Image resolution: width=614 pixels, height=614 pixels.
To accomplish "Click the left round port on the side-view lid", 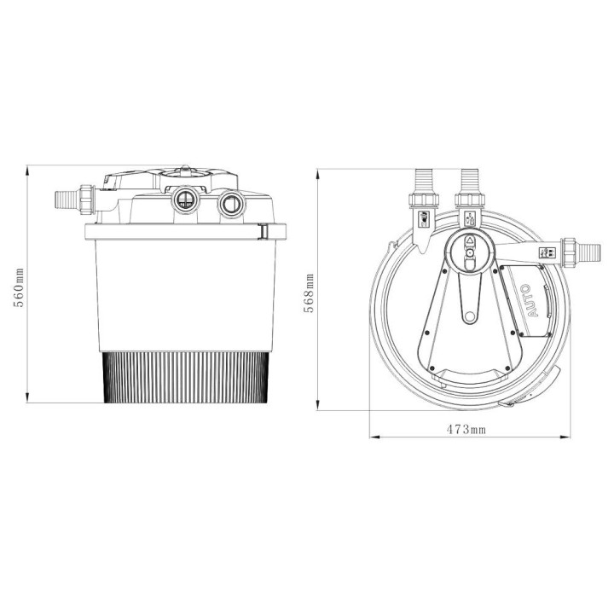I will (x=182, y=201).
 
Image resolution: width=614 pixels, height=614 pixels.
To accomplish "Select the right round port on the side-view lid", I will (x=229, y=205).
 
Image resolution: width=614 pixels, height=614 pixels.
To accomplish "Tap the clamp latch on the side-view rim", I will (x=266, y=231).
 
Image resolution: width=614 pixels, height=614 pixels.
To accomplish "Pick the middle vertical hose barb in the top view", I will (x=467, y=181).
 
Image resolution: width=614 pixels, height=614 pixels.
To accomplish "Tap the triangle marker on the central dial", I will (x=467, y=241).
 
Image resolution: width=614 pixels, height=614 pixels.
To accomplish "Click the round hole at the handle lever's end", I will (x=467, y=319).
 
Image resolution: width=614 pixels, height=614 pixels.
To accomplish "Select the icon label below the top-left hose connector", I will (x=424, y=222).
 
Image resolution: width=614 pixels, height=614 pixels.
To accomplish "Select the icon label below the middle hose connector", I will (x=467, y=220).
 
